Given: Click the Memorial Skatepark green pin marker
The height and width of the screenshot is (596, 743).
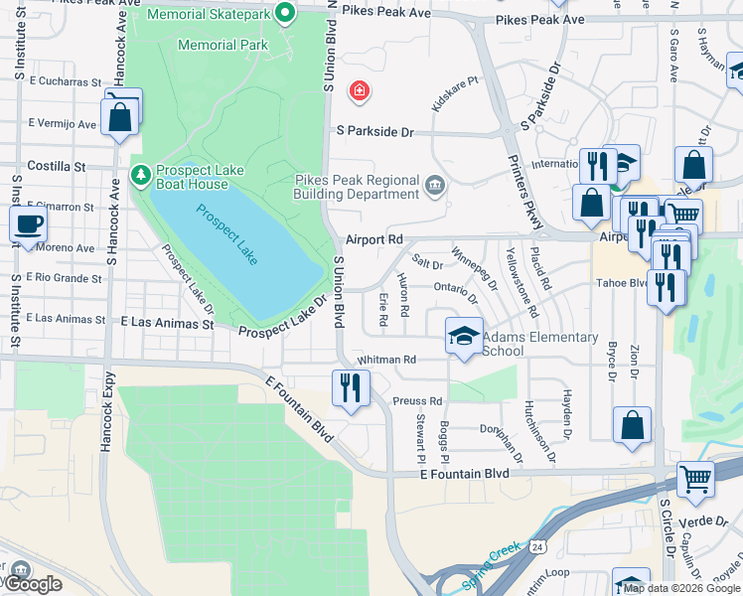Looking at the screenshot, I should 285,14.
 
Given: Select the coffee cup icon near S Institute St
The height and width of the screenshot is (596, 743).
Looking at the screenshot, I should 28,223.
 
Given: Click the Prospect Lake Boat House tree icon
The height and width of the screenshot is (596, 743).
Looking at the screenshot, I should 141,176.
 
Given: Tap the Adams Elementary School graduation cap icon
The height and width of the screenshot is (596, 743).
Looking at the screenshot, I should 464,336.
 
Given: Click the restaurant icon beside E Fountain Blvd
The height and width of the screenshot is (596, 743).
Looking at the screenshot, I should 349,386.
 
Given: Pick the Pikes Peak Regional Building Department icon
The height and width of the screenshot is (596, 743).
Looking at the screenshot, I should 435,185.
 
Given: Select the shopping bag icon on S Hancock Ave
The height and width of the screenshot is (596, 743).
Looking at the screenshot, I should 120,115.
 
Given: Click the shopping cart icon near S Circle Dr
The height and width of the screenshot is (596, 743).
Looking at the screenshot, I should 695,479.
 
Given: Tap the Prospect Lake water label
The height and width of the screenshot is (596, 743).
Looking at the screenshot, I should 226,234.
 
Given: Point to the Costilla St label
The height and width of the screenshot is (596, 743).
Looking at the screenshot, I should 58,165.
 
